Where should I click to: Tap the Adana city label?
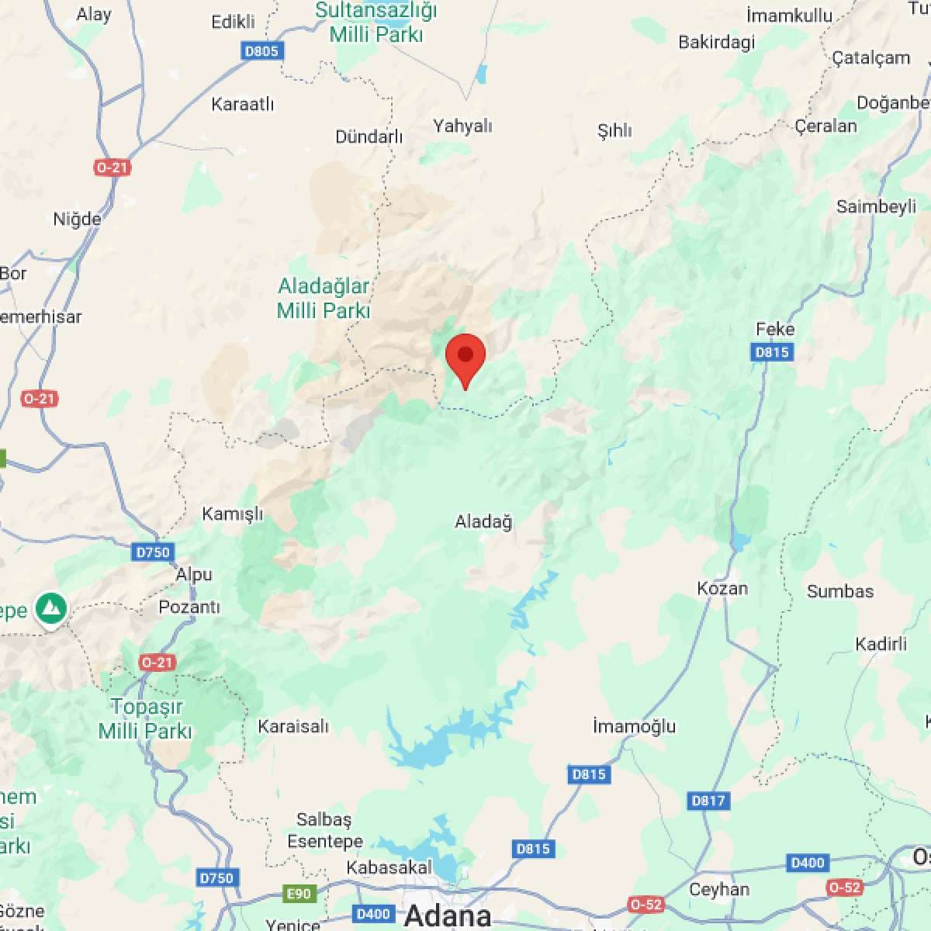[x=448, y=915]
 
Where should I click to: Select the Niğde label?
[x=77, y=220]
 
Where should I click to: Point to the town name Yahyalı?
[x=462, y=126]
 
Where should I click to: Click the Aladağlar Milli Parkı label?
[x=324, y=299]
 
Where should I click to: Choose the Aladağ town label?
[x=483, y=522]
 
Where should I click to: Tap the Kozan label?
[x=722, y=588]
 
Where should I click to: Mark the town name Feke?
[x=775, y=329]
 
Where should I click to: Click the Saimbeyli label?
[x=876, y=207]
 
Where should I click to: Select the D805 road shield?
[x=261, y=51]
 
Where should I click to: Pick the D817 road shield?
[x=708, y=800]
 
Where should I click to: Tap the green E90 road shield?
[x=299, y=894]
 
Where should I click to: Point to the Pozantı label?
[x=189, y=607]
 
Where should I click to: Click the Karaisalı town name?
[x=293, y=727]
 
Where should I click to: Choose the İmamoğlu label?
[x=634, y=726]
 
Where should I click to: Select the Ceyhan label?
[x=719, y=889]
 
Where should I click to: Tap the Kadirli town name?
[x=881, y=644]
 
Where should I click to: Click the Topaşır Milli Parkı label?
[x=146, y=718]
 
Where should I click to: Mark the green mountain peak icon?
[x=51, y=608]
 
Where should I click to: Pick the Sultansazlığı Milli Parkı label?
[x=376, y=22]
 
